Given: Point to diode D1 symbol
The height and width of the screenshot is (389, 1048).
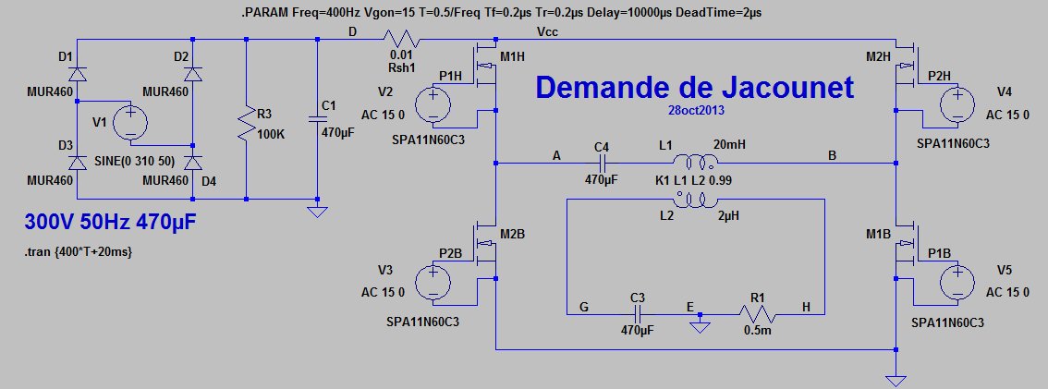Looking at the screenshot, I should pyautogui.click(x=77, y=73).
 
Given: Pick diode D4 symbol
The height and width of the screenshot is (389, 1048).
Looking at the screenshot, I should pyautogui.click(x=192, y=163).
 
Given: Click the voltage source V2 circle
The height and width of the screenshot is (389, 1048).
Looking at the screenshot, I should pyautogui.click(x=432, y=103).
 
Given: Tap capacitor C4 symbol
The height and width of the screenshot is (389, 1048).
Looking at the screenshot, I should pyautogui.click(x=602, y=162).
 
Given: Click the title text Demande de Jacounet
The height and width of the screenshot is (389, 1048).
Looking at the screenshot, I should pyautogui.click(x=695, y=88).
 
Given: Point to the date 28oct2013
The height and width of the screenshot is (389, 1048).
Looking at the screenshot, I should pyautogui.click(x=696, y=109).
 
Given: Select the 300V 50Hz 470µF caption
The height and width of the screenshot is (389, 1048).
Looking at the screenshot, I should pyautogui.click(x=110, y=223).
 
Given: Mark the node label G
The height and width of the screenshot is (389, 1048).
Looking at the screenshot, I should pyautogui.click(x=582, y=306).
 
